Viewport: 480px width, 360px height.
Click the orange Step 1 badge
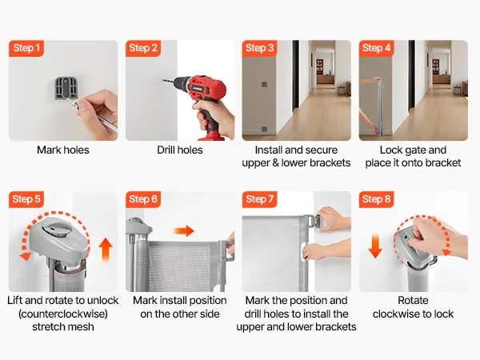(26, 48)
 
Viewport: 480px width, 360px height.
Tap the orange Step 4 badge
(376, 48)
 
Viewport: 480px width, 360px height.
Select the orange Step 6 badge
(143, 199)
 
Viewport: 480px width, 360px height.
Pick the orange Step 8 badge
(376, 199)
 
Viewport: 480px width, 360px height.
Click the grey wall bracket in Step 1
(66, 88)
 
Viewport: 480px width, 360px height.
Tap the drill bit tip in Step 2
(163, 81)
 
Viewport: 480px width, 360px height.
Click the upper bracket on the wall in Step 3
(264, 85)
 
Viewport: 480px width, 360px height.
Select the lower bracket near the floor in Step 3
(264, 130)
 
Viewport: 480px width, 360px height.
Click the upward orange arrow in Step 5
(106, 250)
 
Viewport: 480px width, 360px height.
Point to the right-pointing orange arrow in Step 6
(184, 231)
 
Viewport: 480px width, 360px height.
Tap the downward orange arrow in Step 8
(375, 246)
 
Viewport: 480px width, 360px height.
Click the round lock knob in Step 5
(56, 230)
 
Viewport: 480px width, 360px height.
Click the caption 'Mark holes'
(63, 150)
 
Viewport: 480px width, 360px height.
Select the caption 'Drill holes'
(180, 150)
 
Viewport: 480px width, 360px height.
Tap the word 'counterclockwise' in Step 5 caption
(63, 314)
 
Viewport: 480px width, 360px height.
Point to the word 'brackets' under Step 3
(331, 162)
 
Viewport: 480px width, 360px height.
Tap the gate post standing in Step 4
(379, 107)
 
